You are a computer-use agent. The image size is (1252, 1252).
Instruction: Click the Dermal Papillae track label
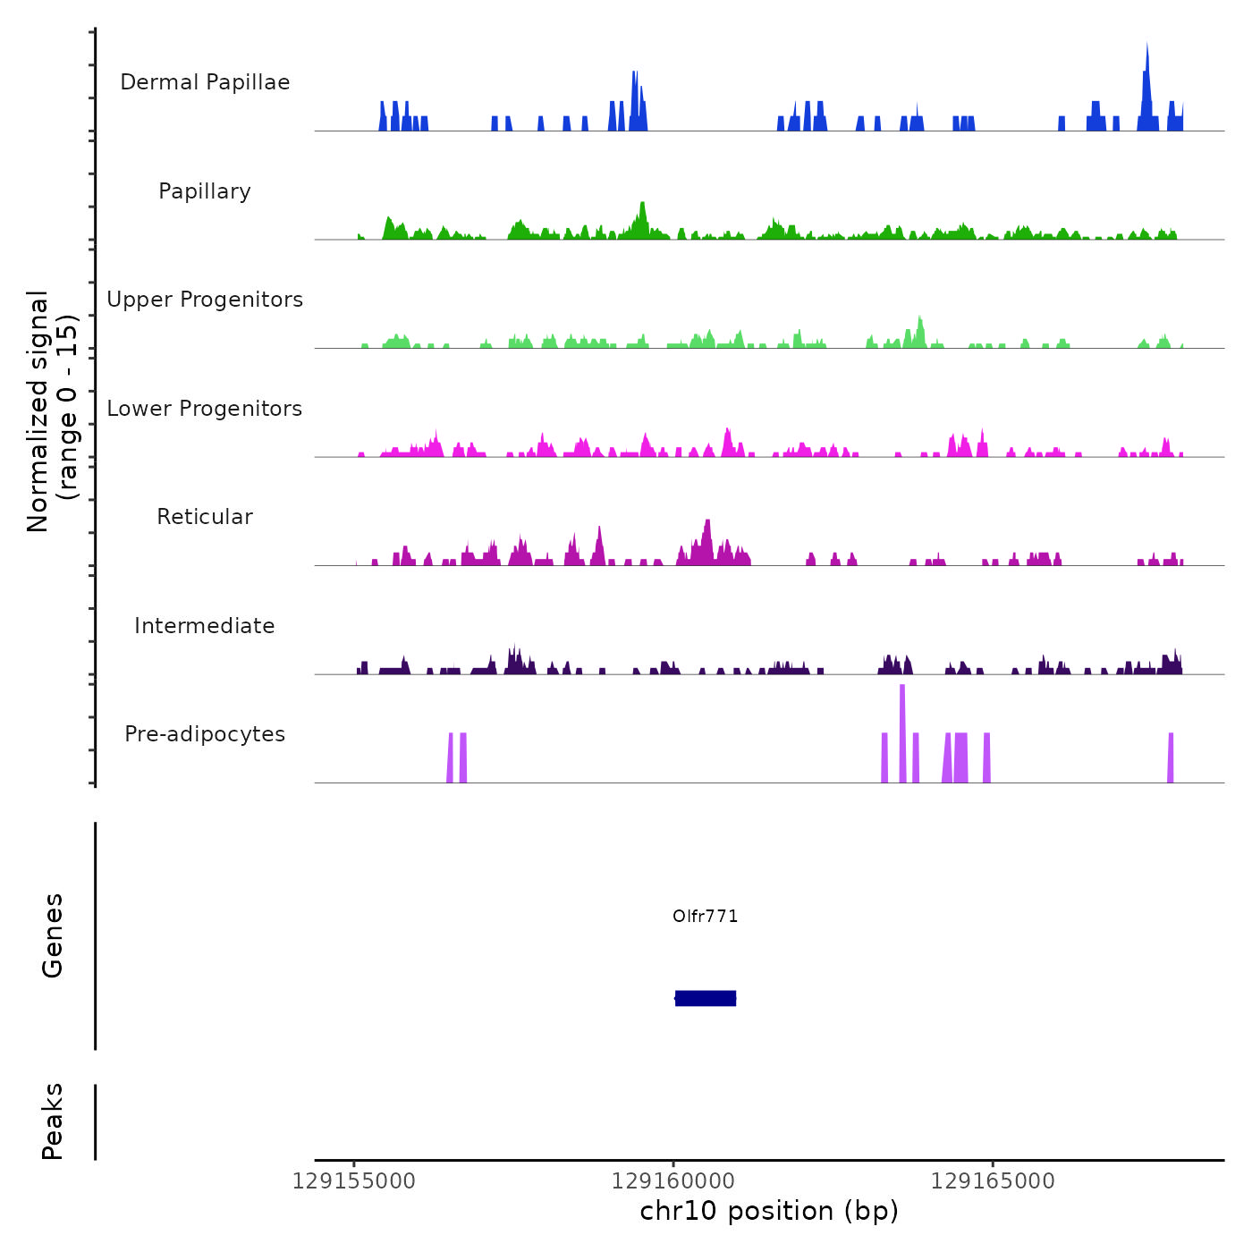pos(205,82)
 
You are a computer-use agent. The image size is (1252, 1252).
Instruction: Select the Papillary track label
pos(205,191)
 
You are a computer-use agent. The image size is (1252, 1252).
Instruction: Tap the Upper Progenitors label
pos(205,300)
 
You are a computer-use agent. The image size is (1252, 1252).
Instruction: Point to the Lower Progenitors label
pos(205,409)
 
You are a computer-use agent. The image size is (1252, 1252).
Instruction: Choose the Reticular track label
pos(205,517)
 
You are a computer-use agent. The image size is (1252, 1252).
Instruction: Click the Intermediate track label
pos(205,626)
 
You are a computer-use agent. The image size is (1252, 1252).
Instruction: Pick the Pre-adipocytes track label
pos(205,734)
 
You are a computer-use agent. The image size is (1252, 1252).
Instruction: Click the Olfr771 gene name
pos(706,917)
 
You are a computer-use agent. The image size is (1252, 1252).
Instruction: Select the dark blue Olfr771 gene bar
pos(706,998)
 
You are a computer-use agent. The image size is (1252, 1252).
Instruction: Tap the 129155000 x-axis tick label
pos(354,1181)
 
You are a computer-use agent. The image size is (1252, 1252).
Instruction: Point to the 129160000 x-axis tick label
pos(673,1181)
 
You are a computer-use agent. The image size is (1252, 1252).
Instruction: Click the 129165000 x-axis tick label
pos(993,1181)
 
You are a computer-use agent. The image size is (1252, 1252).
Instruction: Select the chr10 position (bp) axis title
pos(769,1211)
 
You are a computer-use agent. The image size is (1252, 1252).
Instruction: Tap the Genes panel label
pos(53,935)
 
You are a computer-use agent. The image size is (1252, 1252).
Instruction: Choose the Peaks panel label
pos(53,1121)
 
